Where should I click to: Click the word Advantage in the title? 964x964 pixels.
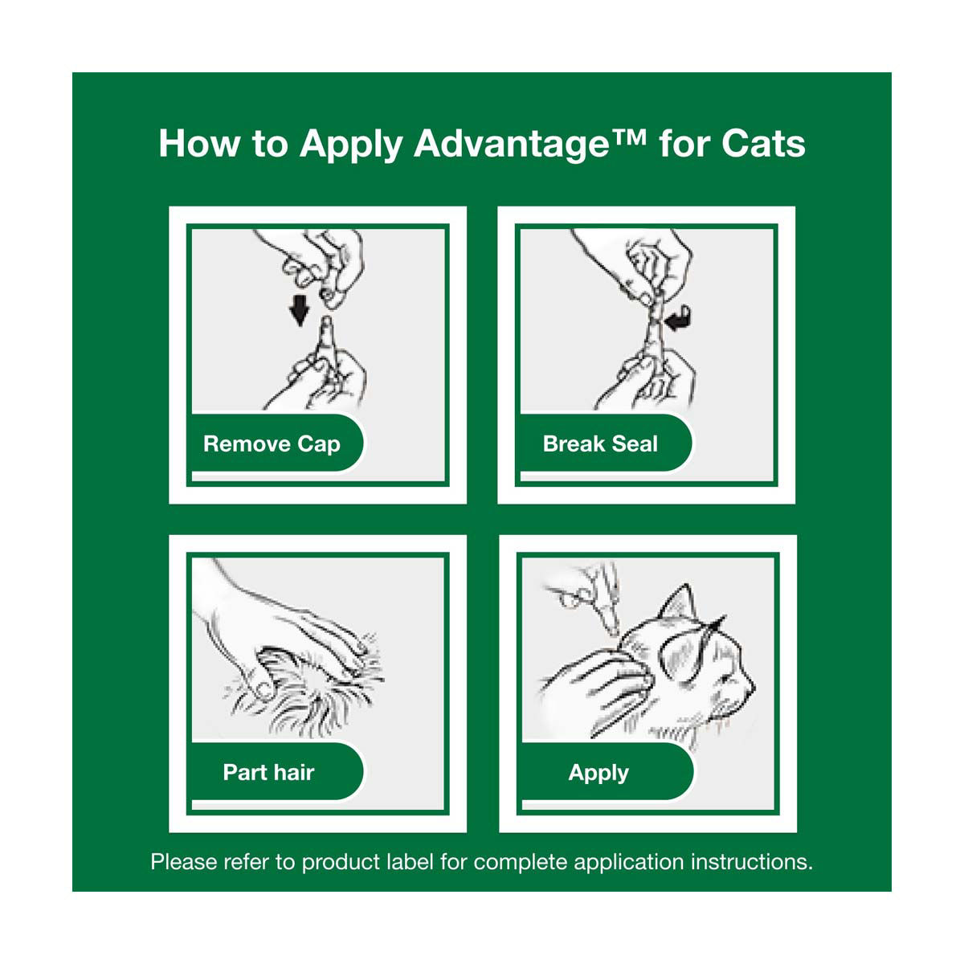[511, 145]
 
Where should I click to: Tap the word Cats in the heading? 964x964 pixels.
[763, 144]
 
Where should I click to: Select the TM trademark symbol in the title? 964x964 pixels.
[628, 137]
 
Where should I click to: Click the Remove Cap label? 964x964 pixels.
[272, 444]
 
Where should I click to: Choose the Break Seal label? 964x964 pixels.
[600, 443]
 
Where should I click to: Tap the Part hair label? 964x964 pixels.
[268, 772]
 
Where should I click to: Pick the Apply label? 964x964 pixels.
[598, 773]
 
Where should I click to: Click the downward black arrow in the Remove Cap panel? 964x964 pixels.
[299, 310]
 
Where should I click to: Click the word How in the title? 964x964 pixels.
[198, 144]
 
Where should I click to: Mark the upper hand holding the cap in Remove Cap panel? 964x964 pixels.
[318, 264]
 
